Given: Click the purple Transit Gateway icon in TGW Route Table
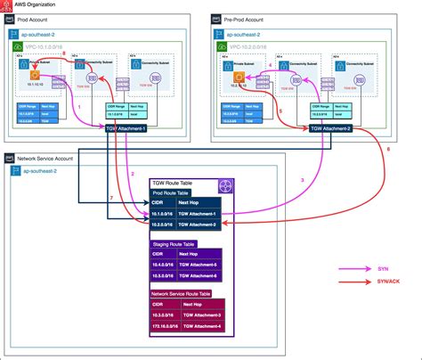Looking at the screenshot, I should (224, 185).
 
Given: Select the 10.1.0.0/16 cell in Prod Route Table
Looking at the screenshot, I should (166, 215).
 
